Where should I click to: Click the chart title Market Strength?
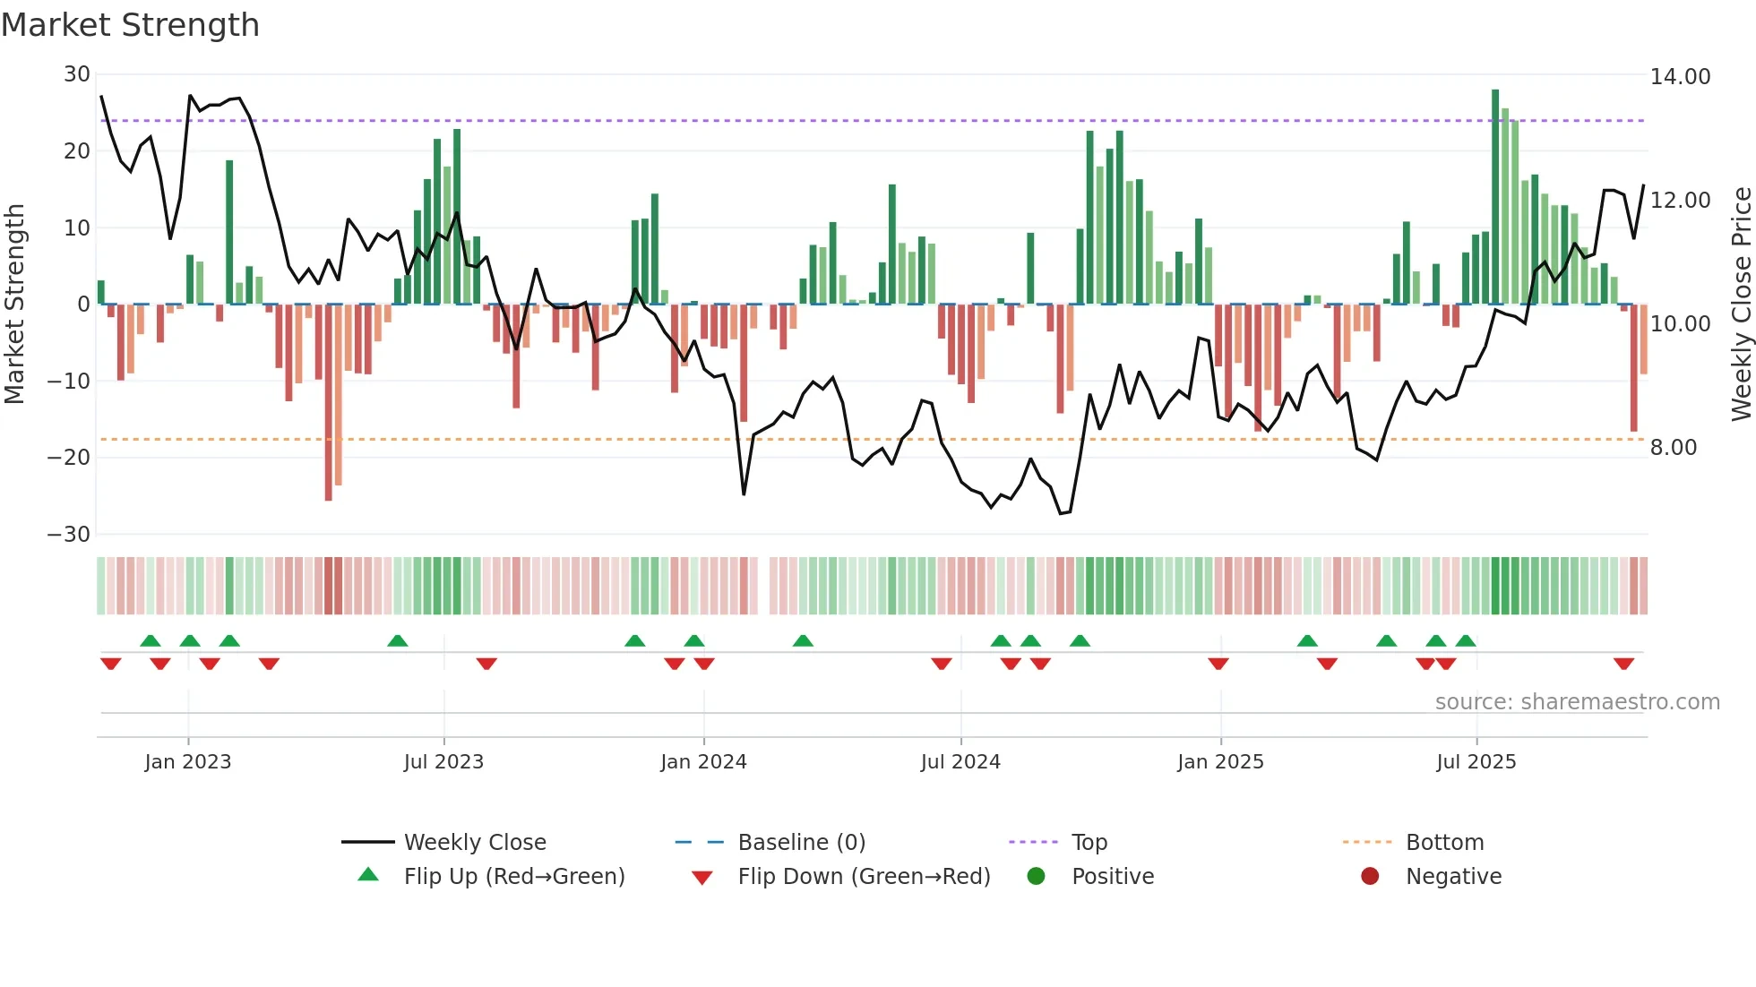tap(130, 25)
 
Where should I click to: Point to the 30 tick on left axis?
tap(77, 74)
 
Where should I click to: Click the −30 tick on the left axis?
tap(69, 535)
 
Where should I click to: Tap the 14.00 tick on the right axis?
tap(1680, 77)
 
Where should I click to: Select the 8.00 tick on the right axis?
tap(1673, 448)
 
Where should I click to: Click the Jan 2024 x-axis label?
tap(703, 762)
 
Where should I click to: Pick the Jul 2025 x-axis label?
tap(1476, 762)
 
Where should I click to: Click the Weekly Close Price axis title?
tap(1741, 305)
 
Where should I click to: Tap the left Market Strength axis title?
tap(15, 305)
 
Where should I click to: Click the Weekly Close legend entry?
tap(474, 843)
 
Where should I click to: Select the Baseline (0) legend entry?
tap(801, 843)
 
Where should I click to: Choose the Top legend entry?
tap(1089, 843)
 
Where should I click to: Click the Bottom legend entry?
tap(1444, 843)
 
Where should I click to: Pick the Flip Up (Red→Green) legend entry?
tap(513, 877)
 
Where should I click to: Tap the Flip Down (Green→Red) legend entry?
tap(864, 877)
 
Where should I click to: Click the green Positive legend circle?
tap(1036, 876)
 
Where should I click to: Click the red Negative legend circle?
tap(1370, 876)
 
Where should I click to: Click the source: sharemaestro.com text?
tap(1577, 702)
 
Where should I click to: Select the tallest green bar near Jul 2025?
tap(1495, 197)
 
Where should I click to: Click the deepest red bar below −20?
tap(329, 403)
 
